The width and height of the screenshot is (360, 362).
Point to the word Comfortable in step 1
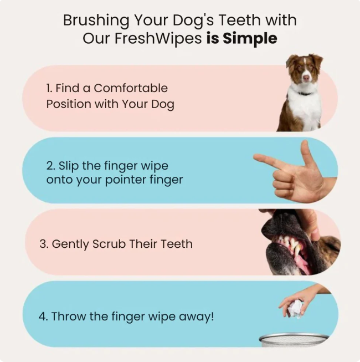(131, 88)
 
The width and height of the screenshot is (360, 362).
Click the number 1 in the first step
(48, 88)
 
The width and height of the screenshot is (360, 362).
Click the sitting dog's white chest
(304, 108)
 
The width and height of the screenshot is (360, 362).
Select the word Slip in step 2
(69, 166)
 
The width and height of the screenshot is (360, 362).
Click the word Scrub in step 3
(111, 244)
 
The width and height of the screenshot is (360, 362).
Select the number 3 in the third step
(43, 244)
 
